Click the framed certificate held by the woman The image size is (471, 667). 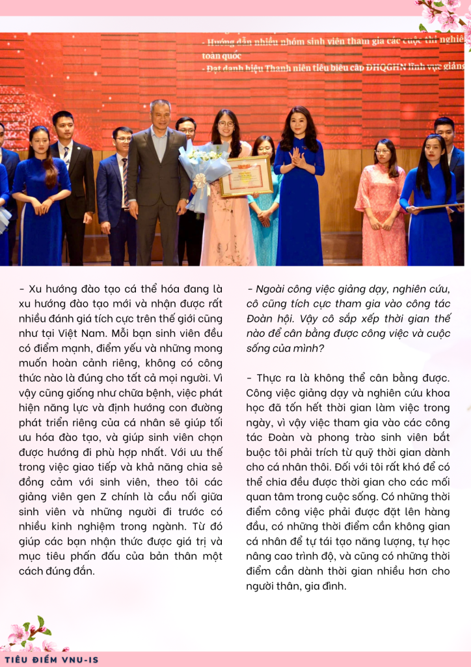click(245, 175)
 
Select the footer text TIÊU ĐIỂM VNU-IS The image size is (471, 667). click(51, 659)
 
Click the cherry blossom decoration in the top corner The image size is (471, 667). click(446, 16)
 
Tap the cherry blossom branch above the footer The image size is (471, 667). click(33, 635)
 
